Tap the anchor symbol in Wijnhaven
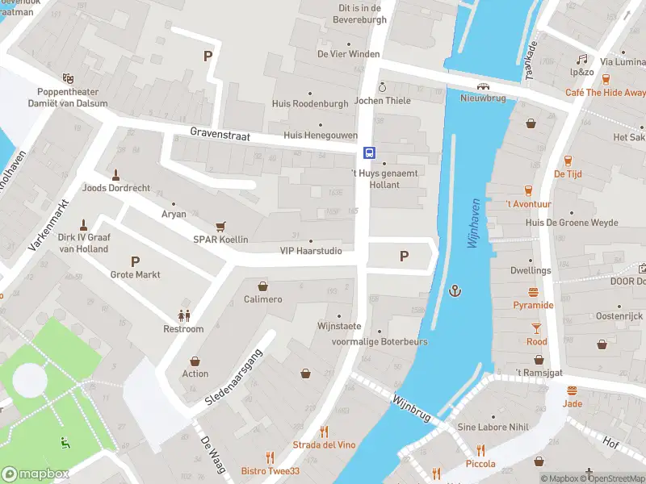[456, 290]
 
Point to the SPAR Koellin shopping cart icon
[220, 227]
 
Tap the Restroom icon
[183, 315]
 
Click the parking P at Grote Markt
[135, 261]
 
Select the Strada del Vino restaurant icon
[324, 432]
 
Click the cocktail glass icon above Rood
[536, 328]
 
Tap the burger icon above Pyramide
[533, 292]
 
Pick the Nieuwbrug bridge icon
[482, 86]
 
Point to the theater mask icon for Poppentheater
[68, 78]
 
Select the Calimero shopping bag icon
[262, 286]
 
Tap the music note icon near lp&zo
[581, 59]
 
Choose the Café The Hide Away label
[605, 93]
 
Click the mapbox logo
[35, 474]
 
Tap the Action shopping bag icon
[195, 361]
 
